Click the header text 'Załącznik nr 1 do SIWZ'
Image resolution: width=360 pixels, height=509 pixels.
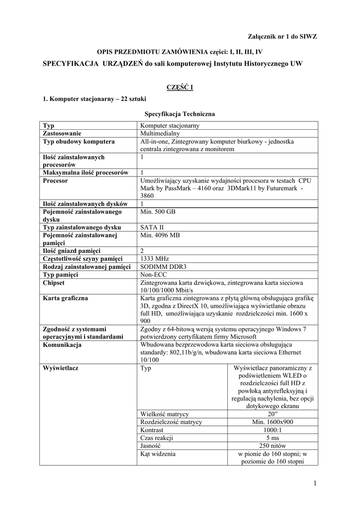[282, 36]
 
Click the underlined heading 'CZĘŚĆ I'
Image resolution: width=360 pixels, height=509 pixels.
[180, 87]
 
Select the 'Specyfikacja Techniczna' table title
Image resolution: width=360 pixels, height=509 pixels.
[180, 113]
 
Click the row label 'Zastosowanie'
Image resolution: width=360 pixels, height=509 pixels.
[62, 133]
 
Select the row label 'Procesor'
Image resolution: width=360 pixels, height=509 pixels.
[56, 181]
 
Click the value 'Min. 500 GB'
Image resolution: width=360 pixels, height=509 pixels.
[158, 212]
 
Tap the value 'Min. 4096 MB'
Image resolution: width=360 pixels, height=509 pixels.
[160, 235]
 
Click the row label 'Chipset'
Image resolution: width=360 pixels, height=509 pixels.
[54, 282]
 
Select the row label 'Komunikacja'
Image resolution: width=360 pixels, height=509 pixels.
[63, 344]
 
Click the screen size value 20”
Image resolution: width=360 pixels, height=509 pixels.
[272, 414]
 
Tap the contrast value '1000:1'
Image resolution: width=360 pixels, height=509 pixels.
[272, 430]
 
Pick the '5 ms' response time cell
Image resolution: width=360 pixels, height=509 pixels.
[272, 438]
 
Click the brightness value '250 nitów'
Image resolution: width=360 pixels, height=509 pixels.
[272, 446]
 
